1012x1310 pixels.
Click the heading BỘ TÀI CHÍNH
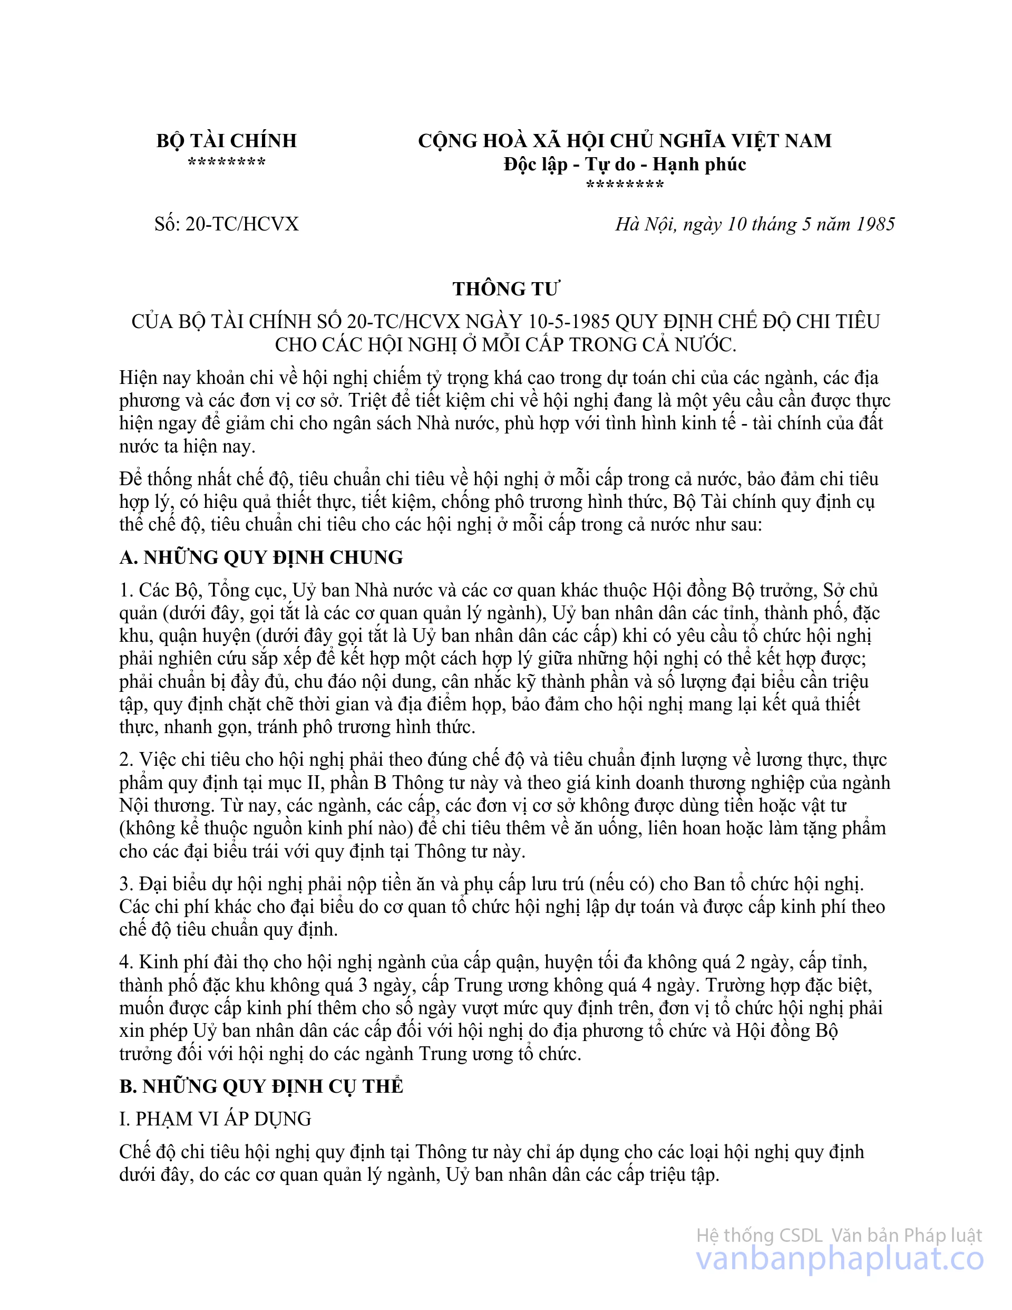[227, 140]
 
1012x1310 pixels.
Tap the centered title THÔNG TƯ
[505, 288]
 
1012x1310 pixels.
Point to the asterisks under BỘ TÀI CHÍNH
[227, 162]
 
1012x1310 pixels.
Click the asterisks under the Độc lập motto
[625, 185]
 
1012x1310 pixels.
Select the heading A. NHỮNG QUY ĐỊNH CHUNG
[261, 557]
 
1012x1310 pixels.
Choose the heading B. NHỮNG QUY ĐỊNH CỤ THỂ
[261, 1086]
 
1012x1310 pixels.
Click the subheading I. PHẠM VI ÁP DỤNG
[215, 1119]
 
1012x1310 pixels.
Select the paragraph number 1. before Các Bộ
[126, 590]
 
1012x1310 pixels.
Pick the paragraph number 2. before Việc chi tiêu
[126, 759]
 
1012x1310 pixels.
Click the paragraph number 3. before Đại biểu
[126, 883]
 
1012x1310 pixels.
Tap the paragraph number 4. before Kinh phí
[126, 962]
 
